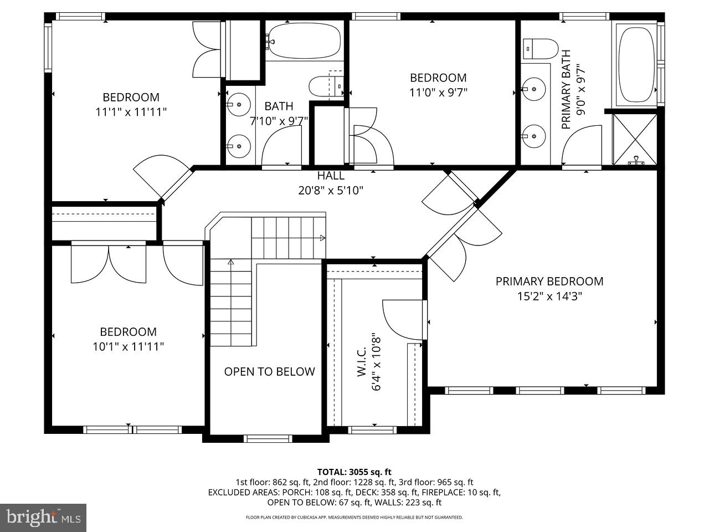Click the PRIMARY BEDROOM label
click(x=549, y=281)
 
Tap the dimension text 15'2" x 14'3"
click(x=549, y=296)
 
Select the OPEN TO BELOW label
click(x=269, y=371)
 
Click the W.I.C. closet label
click(x=362, y=362)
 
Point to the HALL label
click(x=331, y=176)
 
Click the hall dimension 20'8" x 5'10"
click(x=331, y=191)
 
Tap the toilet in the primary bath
click(x=540, y=49)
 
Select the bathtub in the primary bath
click(x=636, y=64)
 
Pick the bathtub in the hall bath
click(x=302, y=40)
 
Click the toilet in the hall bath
click(x=326, y=87)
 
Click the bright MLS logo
click(x=43, y=518)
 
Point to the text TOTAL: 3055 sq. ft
click(x=354, y=472)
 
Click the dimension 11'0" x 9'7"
click(x=438, y=93)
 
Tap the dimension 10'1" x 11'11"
click(x=129, y=347)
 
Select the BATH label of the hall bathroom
click(x=279, y=106)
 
